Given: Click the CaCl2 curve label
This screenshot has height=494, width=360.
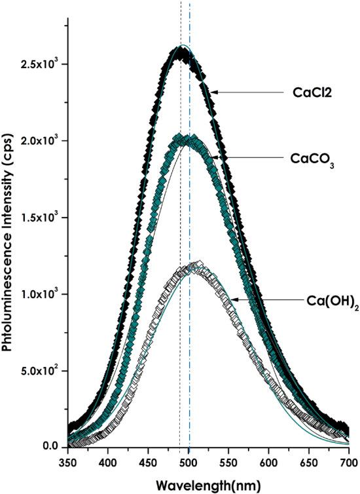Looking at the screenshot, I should [x=310, y=92].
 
